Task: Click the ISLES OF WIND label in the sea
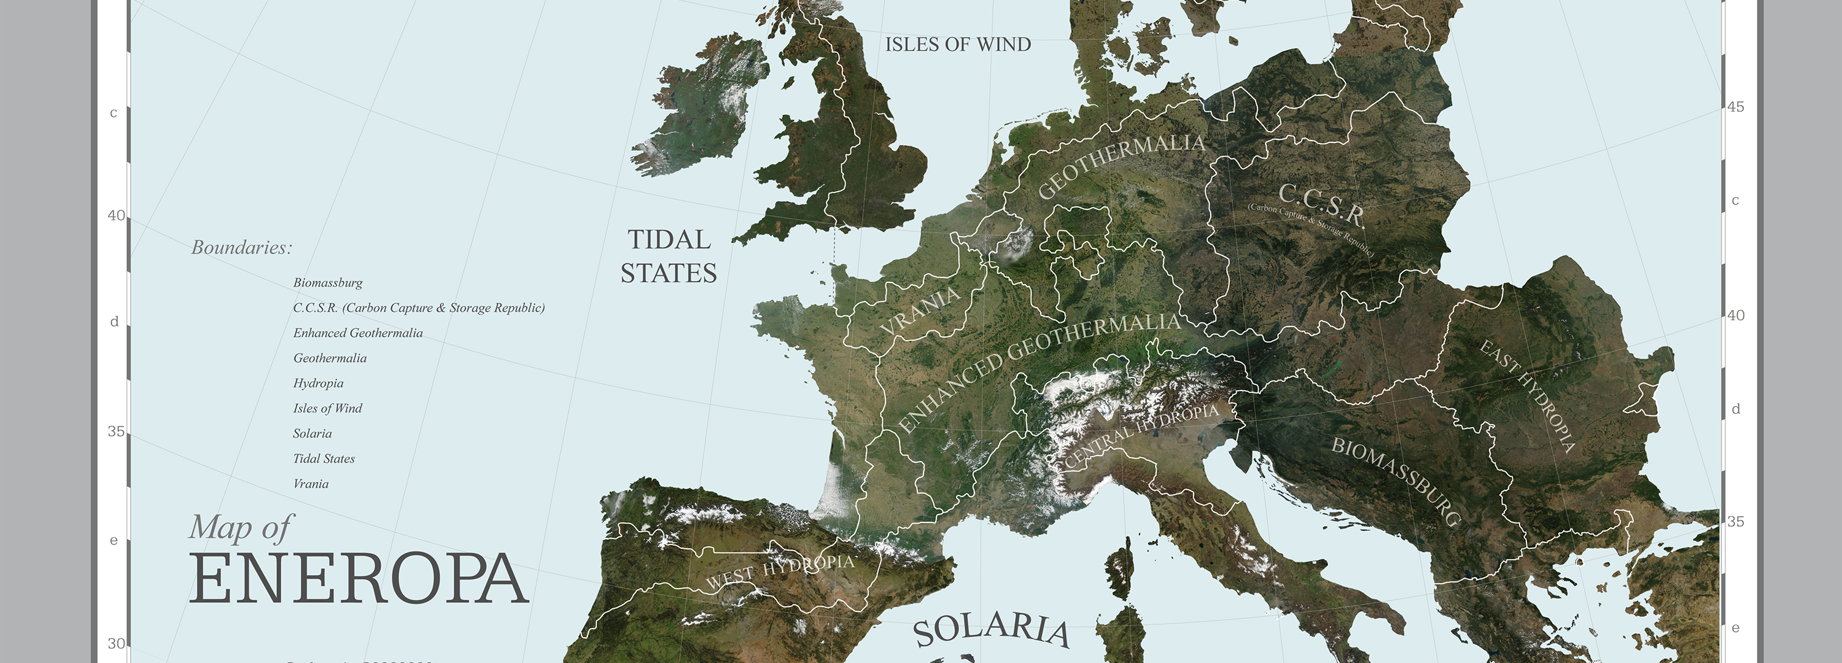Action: pyautogui.click(x=957, y=44)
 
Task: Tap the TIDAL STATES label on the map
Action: pyautogui.click(x=668, y=256)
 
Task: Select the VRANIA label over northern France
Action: pyautogui.click(x=920, y=311)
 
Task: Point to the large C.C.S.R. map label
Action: pyautogui.click(x=1321, y=204)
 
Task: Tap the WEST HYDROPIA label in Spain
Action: pyautogui.click(x=780, y=571)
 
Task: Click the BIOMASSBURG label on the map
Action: pyautogui.click(x=1395, y=480)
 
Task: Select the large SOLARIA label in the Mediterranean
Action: pyautogui.click(x=991, y=629)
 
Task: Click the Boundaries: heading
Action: pyautogui.click(x=242, y=247)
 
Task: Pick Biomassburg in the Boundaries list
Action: pyautogui.click(x=327, y=282)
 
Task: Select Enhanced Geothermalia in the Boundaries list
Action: pyautogui.click(x=357, y=333)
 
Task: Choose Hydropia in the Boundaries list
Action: pyautogui.click(x=318, y=382)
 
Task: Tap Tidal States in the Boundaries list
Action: pyautogui.click(x=324, y=459)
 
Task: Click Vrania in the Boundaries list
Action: pyautogui.click(x=311, y=484)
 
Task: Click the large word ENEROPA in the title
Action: pyautogui.click(x=357, y=580)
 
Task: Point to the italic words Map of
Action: pyautogui.click(x=240, y=528)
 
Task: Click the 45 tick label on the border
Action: pyautogui.click(x=1735, y=107)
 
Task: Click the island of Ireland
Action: pyautogui.click(x=697, y=107)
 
